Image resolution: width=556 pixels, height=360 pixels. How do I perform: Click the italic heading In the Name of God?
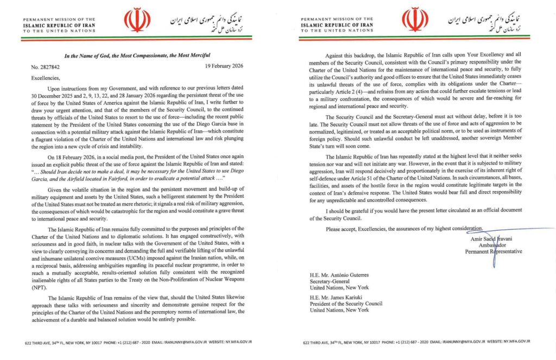pyautogui.click(x=138, y=55)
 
